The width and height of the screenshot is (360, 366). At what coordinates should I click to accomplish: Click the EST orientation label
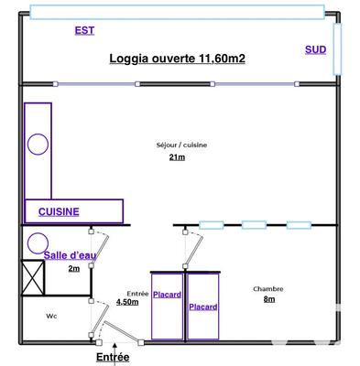point(84,31)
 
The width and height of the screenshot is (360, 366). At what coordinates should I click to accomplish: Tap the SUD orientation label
point(315,49)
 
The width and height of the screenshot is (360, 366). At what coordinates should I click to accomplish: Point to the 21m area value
point(177,158)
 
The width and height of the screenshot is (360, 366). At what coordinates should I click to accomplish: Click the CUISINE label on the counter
point(59,211)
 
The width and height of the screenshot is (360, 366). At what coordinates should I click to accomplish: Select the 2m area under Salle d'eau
point(74,269)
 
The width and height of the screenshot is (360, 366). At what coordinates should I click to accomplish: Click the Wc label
point(51,317)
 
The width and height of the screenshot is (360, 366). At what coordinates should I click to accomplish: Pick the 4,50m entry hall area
point(127,301)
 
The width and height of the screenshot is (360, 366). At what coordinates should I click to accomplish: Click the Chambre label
point(267,289)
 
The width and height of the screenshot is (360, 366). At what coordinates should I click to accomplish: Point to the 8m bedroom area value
point(268,300)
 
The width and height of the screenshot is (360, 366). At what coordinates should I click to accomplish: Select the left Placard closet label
point(167,295)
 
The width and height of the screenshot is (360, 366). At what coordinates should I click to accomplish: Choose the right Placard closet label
point(202,307)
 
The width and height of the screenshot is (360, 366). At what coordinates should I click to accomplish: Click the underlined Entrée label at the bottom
point(113,357)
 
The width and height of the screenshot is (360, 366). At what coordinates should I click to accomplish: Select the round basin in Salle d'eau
point(38,242)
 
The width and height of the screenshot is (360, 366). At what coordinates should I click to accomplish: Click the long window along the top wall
point(176,11)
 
